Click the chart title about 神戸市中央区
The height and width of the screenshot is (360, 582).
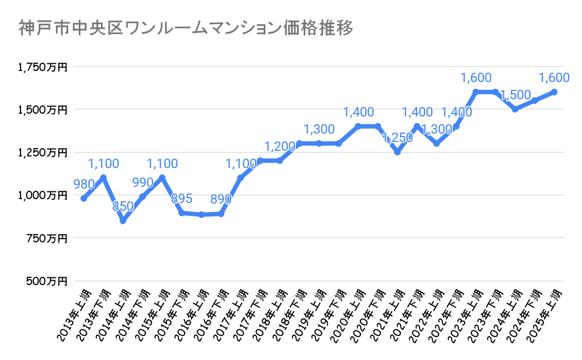tap(186, 28)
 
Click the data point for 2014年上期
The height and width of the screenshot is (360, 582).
tap(123, 221)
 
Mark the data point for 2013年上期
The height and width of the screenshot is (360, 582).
tap(84, 199)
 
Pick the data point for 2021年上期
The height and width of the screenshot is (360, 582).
tap(397, 152)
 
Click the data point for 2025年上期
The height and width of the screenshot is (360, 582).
tap(554, 92)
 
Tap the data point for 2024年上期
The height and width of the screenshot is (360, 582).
tap(515, 109)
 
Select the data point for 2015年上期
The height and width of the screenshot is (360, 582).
tap(162, 178)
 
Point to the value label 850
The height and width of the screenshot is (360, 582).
tap(123, 207)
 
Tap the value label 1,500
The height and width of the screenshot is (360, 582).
tap(515, 95)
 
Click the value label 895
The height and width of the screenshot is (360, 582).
tap(182, 199)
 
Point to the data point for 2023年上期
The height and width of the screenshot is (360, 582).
tap(476, 92)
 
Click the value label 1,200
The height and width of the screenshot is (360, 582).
tap(279, 147)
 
